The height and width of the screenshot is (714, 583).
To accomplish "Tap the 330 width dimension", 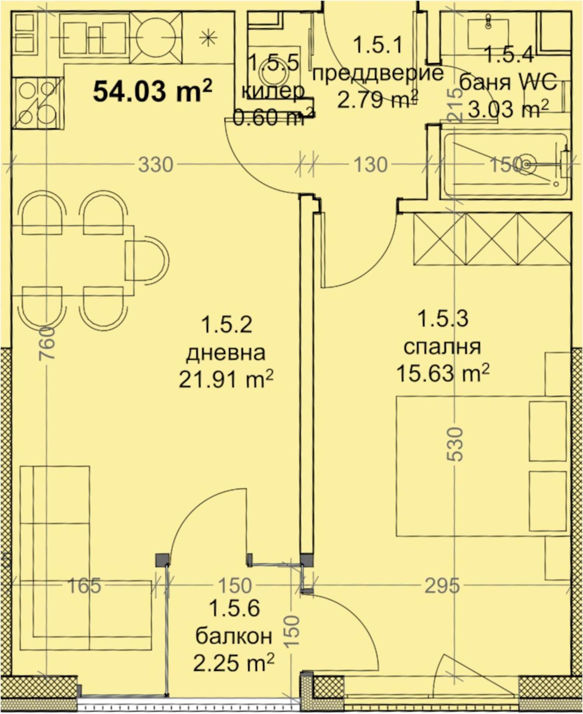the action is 156,164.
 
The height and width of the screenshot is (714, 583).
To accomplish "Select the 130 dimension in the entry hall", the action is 370,164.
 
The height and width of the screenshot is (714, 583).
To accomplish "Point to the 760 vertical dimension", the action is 47,342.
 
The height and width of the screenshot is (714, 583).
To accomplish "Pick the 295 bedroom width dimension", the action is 442,585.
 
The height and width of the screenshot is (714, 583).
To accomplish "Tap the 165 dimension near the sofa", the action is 84,585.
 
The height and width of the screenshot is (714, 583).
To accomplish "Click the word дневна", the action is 226,353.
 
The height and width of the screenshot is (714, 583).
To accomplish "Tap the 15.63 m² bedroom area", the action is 443,373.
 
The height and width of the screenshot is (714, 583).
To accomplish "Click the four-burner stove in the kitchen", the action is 38,103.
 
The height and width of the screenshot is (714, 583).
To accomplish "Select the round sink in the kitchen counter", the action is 156,38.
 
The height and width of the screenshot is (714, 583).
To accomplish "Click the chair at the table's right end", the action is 147,260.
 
